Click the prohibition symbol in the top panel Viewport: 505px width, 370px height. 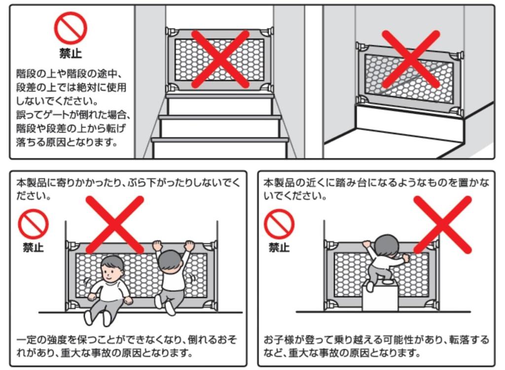[71, 28]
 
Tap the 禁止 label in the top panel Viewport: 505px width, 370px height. [71, 53]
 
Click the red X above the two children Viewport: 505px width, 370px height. [114, 225]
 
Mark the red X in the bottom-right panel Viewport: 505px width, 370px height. [442, 225]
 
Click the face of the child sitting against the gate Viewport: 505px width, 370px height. [112, 271]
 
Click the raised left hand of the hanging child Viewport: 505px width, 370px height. [157, 245]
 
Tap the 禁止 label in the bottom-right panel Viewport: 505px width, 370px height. [279, 247]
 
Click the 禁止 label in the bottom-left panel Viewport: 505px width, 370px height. [33, 247]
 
